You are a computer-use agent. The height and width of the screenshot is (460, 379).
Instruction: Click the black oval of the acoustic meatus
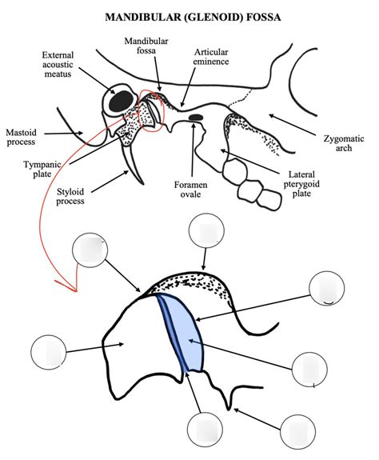click(x=121, y=101)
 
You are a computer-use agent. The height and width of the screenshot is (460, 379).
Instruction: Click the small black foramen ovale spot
click(x=195, y=118)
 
